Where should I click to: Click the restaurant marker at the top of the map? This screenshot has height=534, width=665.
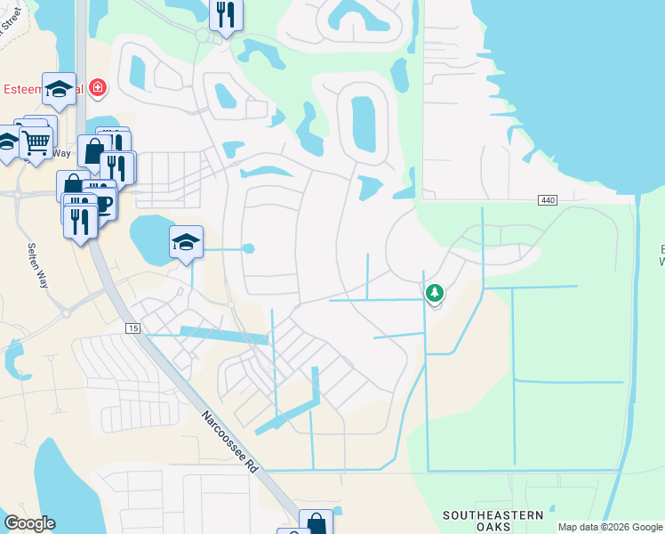click(226, 15)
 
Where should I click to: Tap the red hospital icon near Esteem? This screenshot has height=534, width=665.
click(96, 89)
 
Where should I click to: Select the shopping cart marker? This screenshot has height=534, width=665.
click(36, 142)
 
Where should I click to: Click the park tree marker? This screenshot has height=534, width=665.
click(434, 292)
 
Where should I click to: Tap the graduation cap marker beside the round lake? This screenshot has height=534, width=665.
click(186, 242)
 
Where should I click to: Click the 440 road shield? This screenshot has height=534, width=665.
click(547, 201)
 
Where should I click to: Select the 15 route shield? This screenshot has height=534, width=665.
click(133, 328)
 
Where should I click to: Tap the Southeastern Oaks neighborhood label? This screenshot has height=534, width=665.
click(493, 521)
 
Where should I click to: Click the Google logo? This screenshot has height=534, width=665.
click(29, 523)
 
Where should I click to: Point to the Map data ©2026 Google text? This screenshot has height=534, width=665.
click(610, 527)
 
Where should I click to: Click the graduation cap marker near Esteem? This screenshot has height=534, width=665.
click(59, 88)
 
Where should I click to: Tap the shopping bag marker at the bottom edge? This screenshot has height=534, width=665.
click(316, 523)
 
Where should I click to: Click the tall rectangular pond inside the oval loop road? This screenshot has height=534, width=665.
click(363, 125)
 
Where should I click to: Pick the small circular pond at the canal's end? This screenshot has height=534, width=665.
click(249, 248)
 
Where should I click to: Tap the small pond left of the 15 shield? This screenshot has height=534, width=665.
click(15, 355)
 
